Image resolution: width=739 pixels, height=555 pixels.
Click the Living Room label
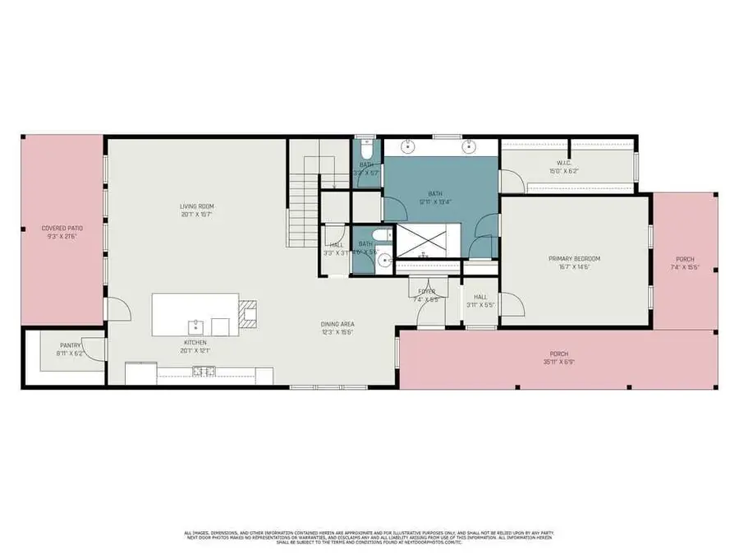point(197,206)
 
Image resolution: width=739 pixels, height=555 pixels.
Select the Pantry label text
point(70,345)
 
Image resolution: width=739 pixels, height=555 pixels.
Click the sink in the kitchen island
point(195,323)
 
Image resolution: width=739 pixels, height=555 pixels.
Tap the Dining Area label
point(337,324)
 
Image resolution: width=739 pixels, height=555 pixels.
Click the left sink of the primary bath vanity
point(408,147)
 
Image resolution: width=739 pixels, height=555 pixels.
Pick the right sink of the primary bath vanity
point(469,147)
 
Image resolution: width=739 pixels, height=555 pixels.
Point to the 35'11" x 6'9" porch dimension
point(556,361)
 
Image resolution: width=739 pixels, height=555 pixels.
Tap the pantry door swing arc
point(97,349)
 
